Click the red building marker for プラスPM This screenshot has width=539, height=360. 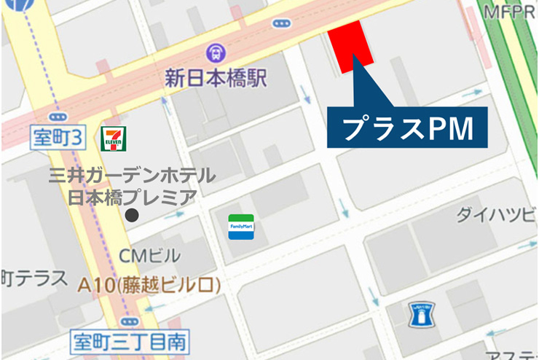tap(353, 45)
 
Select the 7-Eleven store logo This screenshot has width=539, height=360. tap(113, 138)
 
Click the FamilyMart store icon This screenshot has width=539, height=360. tap(241, 227)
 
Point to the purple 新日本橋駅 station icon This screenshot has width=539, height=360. tap(215, 52)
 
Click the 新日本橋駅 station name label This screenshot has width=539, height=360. tap(216, 77)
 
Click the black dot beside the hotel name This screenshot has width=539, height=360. tap(132, 216)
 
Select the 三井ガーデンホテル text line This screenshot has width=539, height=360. tap(132, 176)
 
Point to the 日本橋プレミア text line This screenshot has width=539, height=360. tap(132, 196)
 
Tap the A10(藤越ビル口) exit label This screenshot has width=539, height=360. tap(149, 284)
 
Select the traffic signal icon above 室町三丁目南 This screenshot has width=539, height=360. tap(130, 321)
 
